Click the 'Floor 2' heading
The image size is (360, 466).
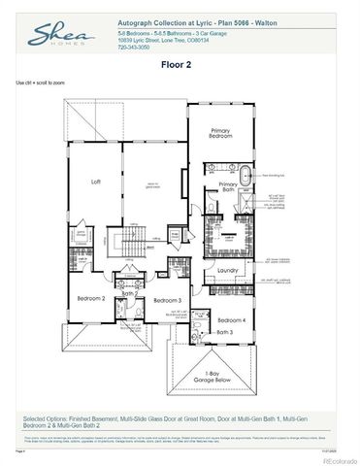[x=180, y=65]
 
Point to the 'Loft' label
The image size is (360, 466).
[x=96, y=182]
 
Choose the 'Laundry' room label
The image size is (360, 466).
[x=228, y=270]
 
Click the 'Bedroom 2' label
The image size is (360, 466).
[x=91, y=298]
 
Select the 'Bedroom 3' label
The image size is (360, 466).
[x=168, y=301]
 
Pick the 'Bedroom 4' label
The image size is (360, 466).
[x=231, y=320]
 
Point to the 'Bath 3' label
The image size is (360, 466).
[x=225, y=332]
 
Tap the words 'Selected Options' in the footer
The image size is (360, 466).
[x=44, y=416]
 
